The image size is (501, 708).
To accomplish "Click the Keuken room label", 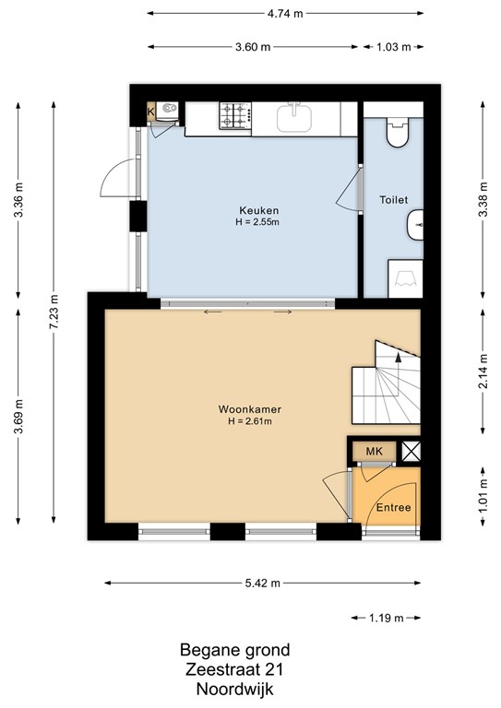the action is [259, 210].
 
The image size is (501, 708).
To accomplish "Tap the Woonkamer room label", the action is [250, 409].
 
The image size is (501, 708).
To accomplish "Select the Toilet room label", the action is [393, 199].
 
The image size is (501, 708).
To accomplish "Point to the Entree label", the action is [393, 508].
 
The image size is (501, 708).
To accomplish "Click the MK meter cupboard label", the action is [374, 451].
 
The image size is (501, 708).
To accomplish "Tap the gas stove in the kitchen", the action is [235, 115].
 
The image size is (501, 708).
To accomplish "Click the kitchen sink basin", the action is [294, 117].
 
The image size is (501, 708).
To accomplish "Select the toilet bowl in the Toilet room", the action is [397, 132].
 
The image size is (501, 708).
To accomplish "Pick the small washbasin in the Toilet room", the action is [415, 225].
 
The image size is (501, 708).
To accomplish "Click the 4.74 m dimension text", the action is [285, 14].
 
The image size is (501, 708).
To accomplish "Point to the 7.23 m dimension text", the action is [54, 312].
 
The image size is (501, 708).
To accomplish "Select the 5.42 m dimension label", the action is [262, 584].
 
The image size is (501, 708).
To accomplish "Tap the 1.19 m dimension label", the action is [387, 618].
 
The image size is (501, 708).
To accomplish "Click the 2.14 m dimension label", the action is [483, 372].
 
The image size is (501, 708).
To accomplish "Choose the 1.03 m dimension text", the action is [394, 47].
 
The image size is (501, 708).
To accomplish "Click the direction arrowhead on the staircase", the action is [398, 357].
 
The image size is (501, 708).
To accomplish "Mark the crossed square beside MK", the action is [412, 451].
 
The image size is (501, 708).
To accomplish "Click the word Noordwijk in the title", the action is [235, 690].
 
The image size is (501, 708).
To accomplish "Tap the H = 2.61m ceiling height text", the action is [250, 421].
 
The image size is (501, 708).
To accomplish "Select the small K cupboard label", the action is [151, 111].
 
